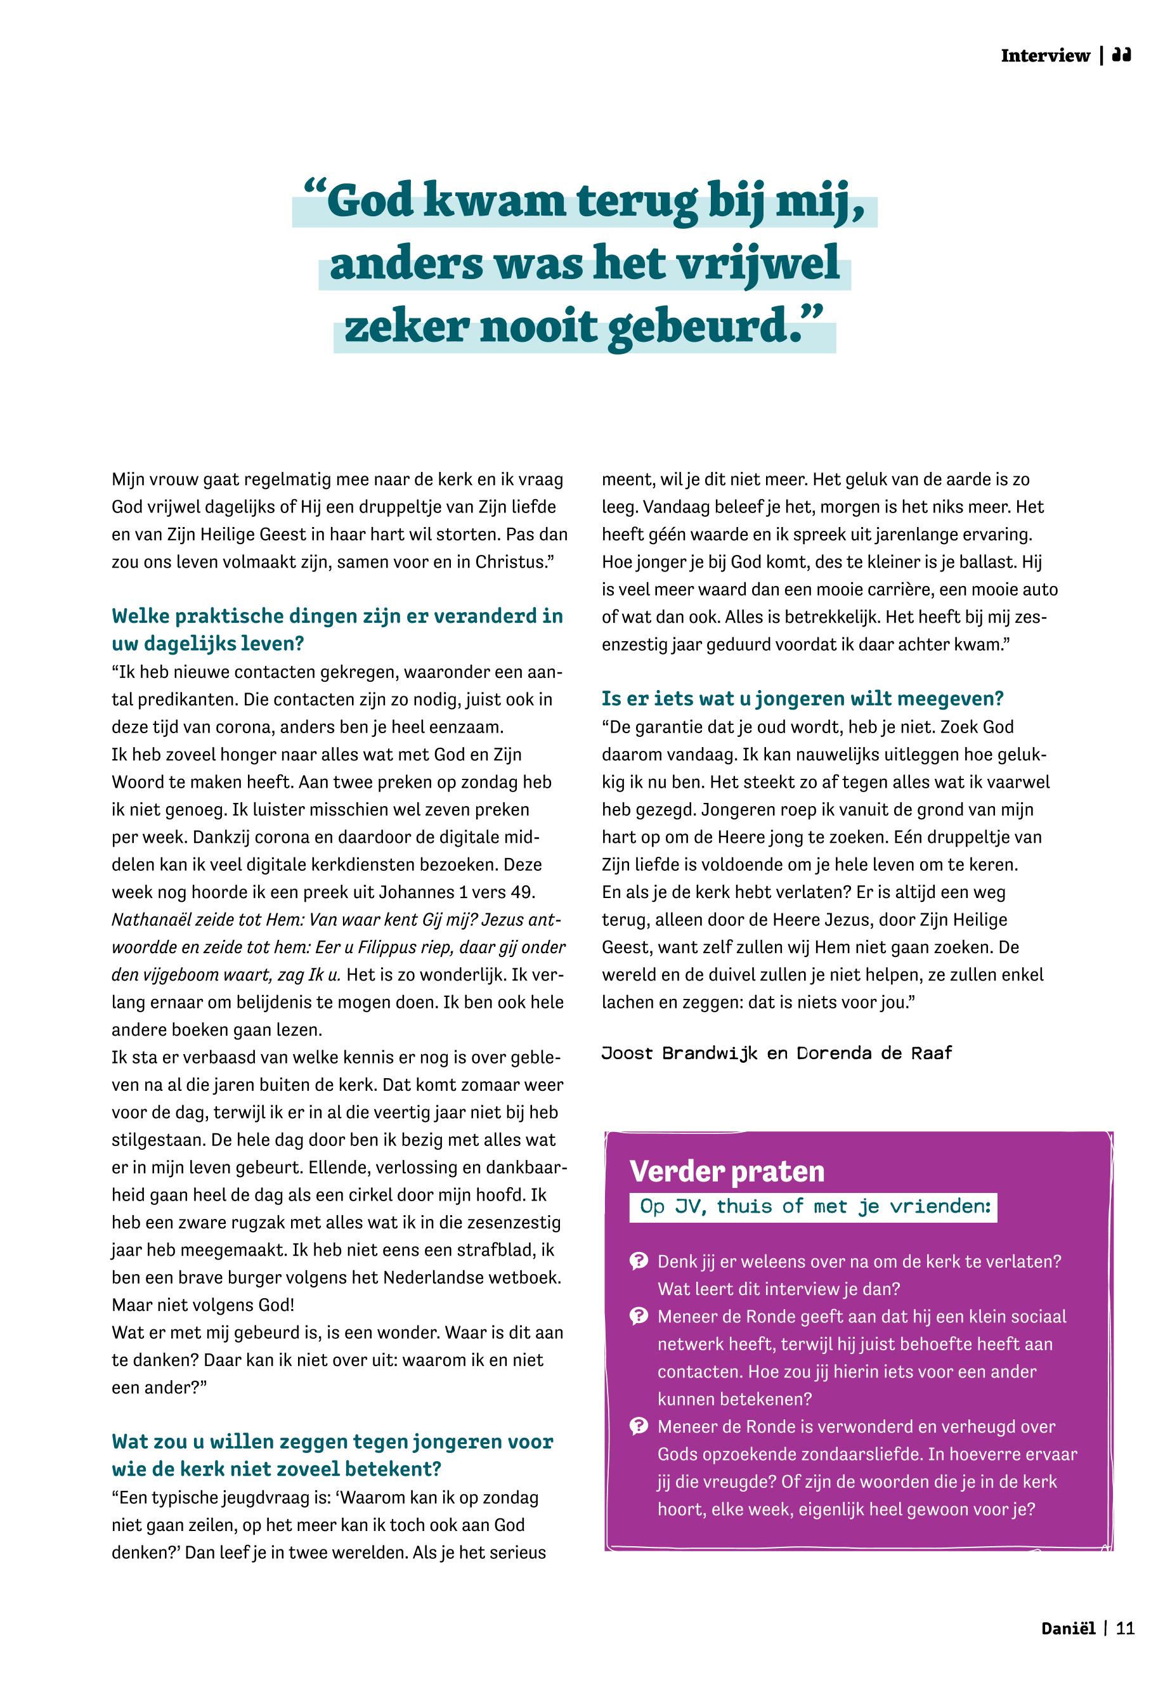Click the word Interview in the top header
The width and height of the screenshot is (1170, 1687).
point(1044,56)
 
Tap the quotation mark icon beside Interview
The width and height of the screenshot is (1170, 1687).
point(1122,55)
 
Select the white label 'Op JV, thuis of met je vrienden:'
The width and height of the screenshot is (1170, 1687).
point(813,1207)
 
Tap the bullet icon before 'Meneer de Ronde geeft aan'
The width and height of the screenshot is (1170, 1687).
point(639,1316)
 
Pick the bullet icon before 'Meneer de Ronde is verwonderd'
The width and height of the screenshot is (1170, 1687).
point(639,1427)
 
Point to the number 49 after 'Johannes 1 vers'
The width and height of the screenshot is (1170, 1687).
point(525,892)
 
